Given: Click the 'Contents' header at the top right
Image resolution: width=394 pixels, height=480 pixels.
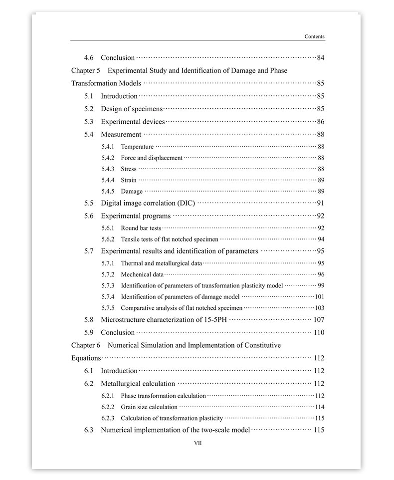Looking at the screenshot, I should tap(314, 36).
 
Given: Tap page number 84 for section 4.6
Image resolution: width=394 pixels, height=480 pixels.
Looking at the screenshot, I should tap(320, 58).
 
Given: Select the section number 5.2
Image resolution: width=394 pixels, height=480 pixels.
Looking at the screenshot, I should tap(89, 109).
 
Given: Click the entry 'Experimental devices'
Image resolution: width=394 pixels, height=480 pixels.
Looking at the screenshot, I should tap(133, 122).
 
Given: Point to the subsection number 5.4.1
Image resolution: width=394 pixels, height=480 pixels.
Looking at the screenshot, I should tap(108, 147).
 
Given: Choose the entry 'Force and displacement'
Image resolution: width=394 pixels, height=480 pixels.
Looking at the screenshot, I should tap(152, 158).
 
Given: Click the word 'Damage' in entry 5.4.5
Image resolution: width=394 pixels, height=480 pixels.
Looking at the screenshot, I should tap(132, 192).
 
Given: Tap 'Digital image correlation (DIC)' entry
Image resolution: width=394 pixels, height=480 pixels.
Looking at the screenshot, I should tap(148, 203).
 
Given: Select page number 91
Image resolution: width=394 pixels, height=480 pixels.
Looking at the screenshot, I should tap(320, 203).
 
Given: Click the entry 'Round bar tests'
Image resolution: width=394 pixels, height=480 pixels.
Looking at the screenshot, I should tap(141, 228).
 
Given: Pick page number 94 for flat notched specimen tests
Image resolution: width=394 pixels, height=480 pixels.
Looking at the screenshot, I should tap(321, 240).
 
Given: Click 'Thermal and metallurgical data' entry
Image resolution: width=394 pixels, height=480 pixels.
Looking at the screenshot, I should tap(161, 263).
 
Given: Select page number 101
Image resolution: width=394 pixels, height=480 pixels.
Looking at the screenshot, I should tap(319, 297).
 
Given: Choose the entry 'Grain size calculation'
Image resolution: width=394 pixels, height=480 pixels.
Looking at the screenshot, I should tap(149, 407).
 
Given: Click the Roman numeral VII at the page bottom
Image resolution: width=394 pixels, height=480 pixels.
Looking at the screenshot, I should tap(197, 443).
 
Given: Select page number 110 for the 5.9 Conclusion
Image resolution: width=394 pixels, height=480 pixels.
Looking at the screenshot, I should tap(319, 333).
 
